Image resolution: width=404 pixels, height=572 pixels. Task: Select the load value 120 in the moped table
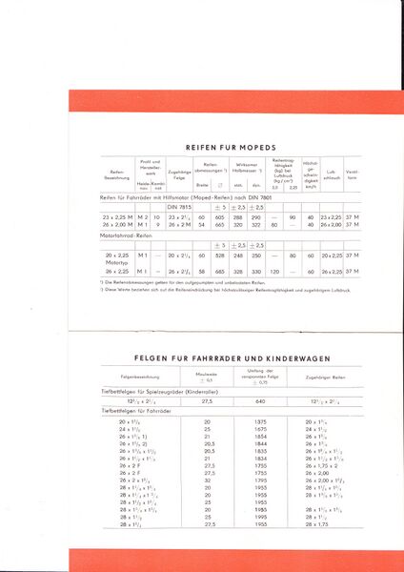point(273,272)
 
